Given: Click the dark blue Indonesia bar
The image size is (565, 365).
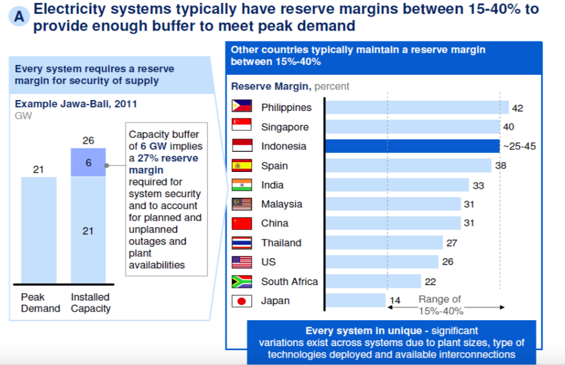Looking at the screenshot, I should point(412,146).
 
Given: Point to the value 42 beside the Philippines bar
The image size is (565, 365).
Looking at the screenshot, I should point(517,108).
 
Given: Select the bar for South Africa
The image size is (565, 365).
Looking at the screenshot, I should point(373,281).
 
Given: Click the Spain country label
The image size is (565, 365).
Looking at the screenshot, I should point(274,166).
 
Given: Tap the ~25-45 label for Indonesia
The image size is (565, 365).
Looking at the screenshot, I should point(519,147).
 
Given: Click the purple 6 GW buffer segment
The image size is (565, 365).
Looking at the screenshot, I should point(88,163).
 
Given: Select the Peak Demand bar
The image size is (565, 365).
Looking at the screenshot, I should point(39,229).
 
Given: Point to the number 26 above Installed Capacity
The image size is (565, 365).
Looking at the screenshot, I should point(88,140).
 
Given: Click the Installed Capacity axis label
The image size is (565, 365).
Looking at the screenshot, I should point(90,303).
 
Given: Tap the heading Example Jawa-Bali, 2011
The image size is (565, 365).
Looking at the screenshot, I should point(76,104).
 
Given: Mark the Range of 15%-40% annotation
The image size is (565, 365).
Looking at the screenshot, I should point(440,305).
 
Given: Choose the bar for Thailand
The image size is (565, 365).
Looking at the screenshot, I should point(384,243).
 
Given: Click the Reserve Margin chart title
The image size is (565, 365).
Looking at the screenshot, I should point(271,87).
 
